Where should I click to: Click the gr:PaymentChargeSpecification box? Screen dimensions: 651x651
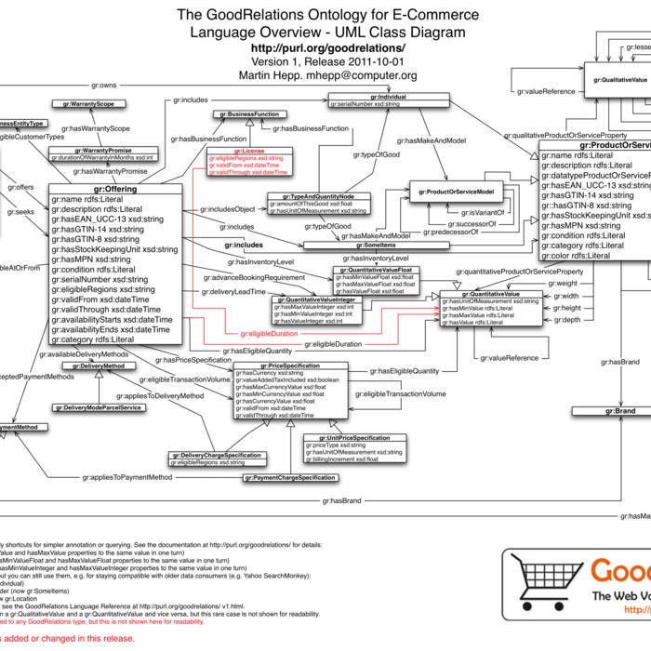290,477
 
